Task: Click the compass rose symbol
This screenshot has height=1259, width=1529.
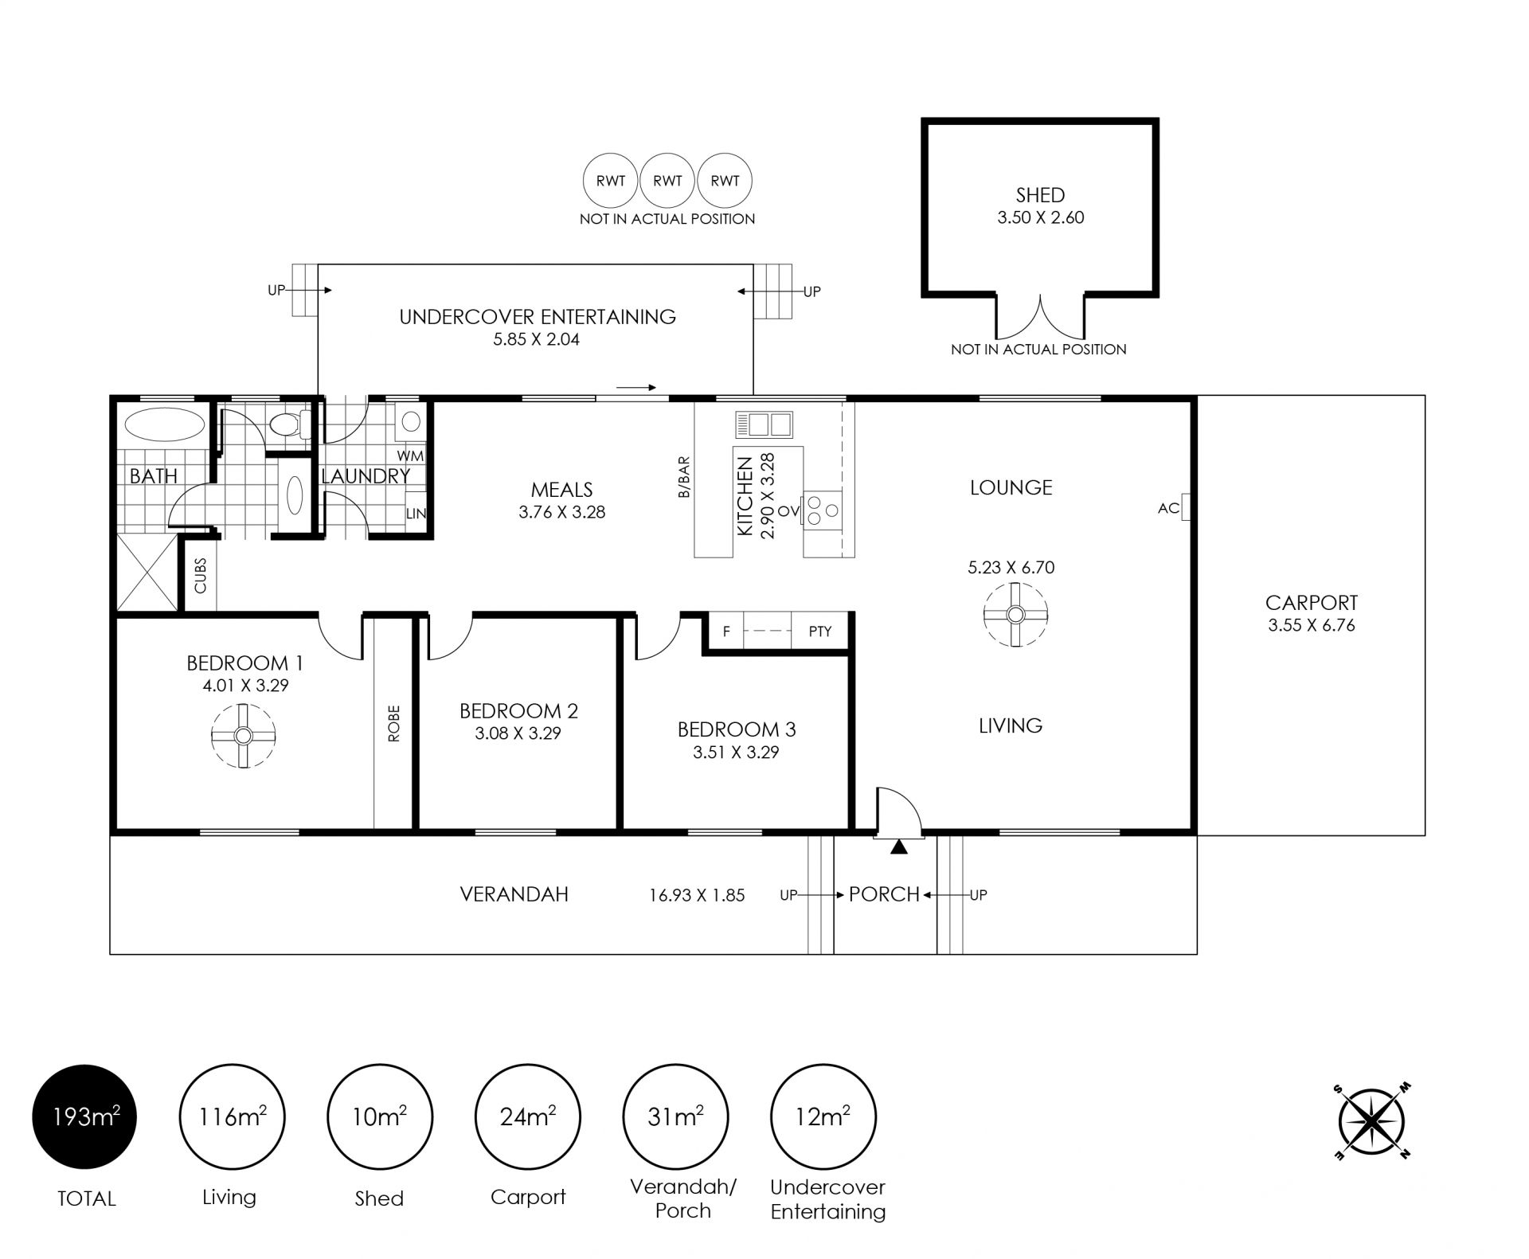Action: coord(1371,1121)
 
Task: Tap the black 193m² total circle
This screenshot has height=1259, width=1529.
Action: coord(84,1117)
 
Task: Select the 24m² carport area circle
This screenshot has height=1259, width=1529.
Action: coord(528,1117)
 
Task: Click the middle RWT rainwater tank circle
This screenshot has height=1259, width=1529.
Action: coord(667,181)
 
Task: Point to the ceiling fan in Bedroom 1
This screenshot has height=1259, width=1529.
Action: coord(244,735)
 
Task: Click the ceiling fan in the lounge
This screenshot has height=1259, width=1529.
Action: coord(1015,615)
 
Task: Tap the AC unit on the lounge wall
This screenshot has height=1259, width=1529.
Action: coord(1185,507)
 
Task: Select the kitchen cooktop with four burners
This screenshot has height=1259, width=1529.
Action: coord(823,510)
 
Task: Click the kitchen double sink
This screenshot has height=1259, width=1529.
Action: coord(764,424)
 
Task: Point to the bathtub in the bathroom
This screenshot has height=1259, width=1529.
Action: coord(166,424)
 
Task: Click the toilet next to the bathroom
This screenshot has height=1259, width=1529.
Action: coord(290,424)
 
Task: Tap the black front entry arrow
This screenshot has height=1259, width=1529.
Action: coord(899,847)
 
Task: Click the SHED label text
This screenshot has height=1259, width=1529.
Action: coord(1040,195)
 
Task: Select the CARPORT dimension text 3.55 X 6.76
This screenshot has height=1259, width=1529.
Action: coord(1312,625)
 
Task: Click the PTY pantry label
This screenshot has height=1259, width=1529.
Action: coord(820,631)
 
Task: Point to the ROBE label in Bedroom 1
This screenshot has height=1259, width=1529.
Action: coord(394,724)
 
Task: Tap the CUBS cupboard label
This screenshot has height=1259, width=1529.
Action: coord(200,575)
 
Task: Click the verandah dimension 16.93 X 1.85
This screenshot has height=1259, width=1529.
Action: coord(697,895)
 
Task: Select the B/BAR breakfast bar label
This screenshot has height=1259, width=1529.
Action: coord(683,477)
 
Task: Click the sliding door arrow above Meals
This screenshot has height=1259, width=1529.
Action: coord(635,388)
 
